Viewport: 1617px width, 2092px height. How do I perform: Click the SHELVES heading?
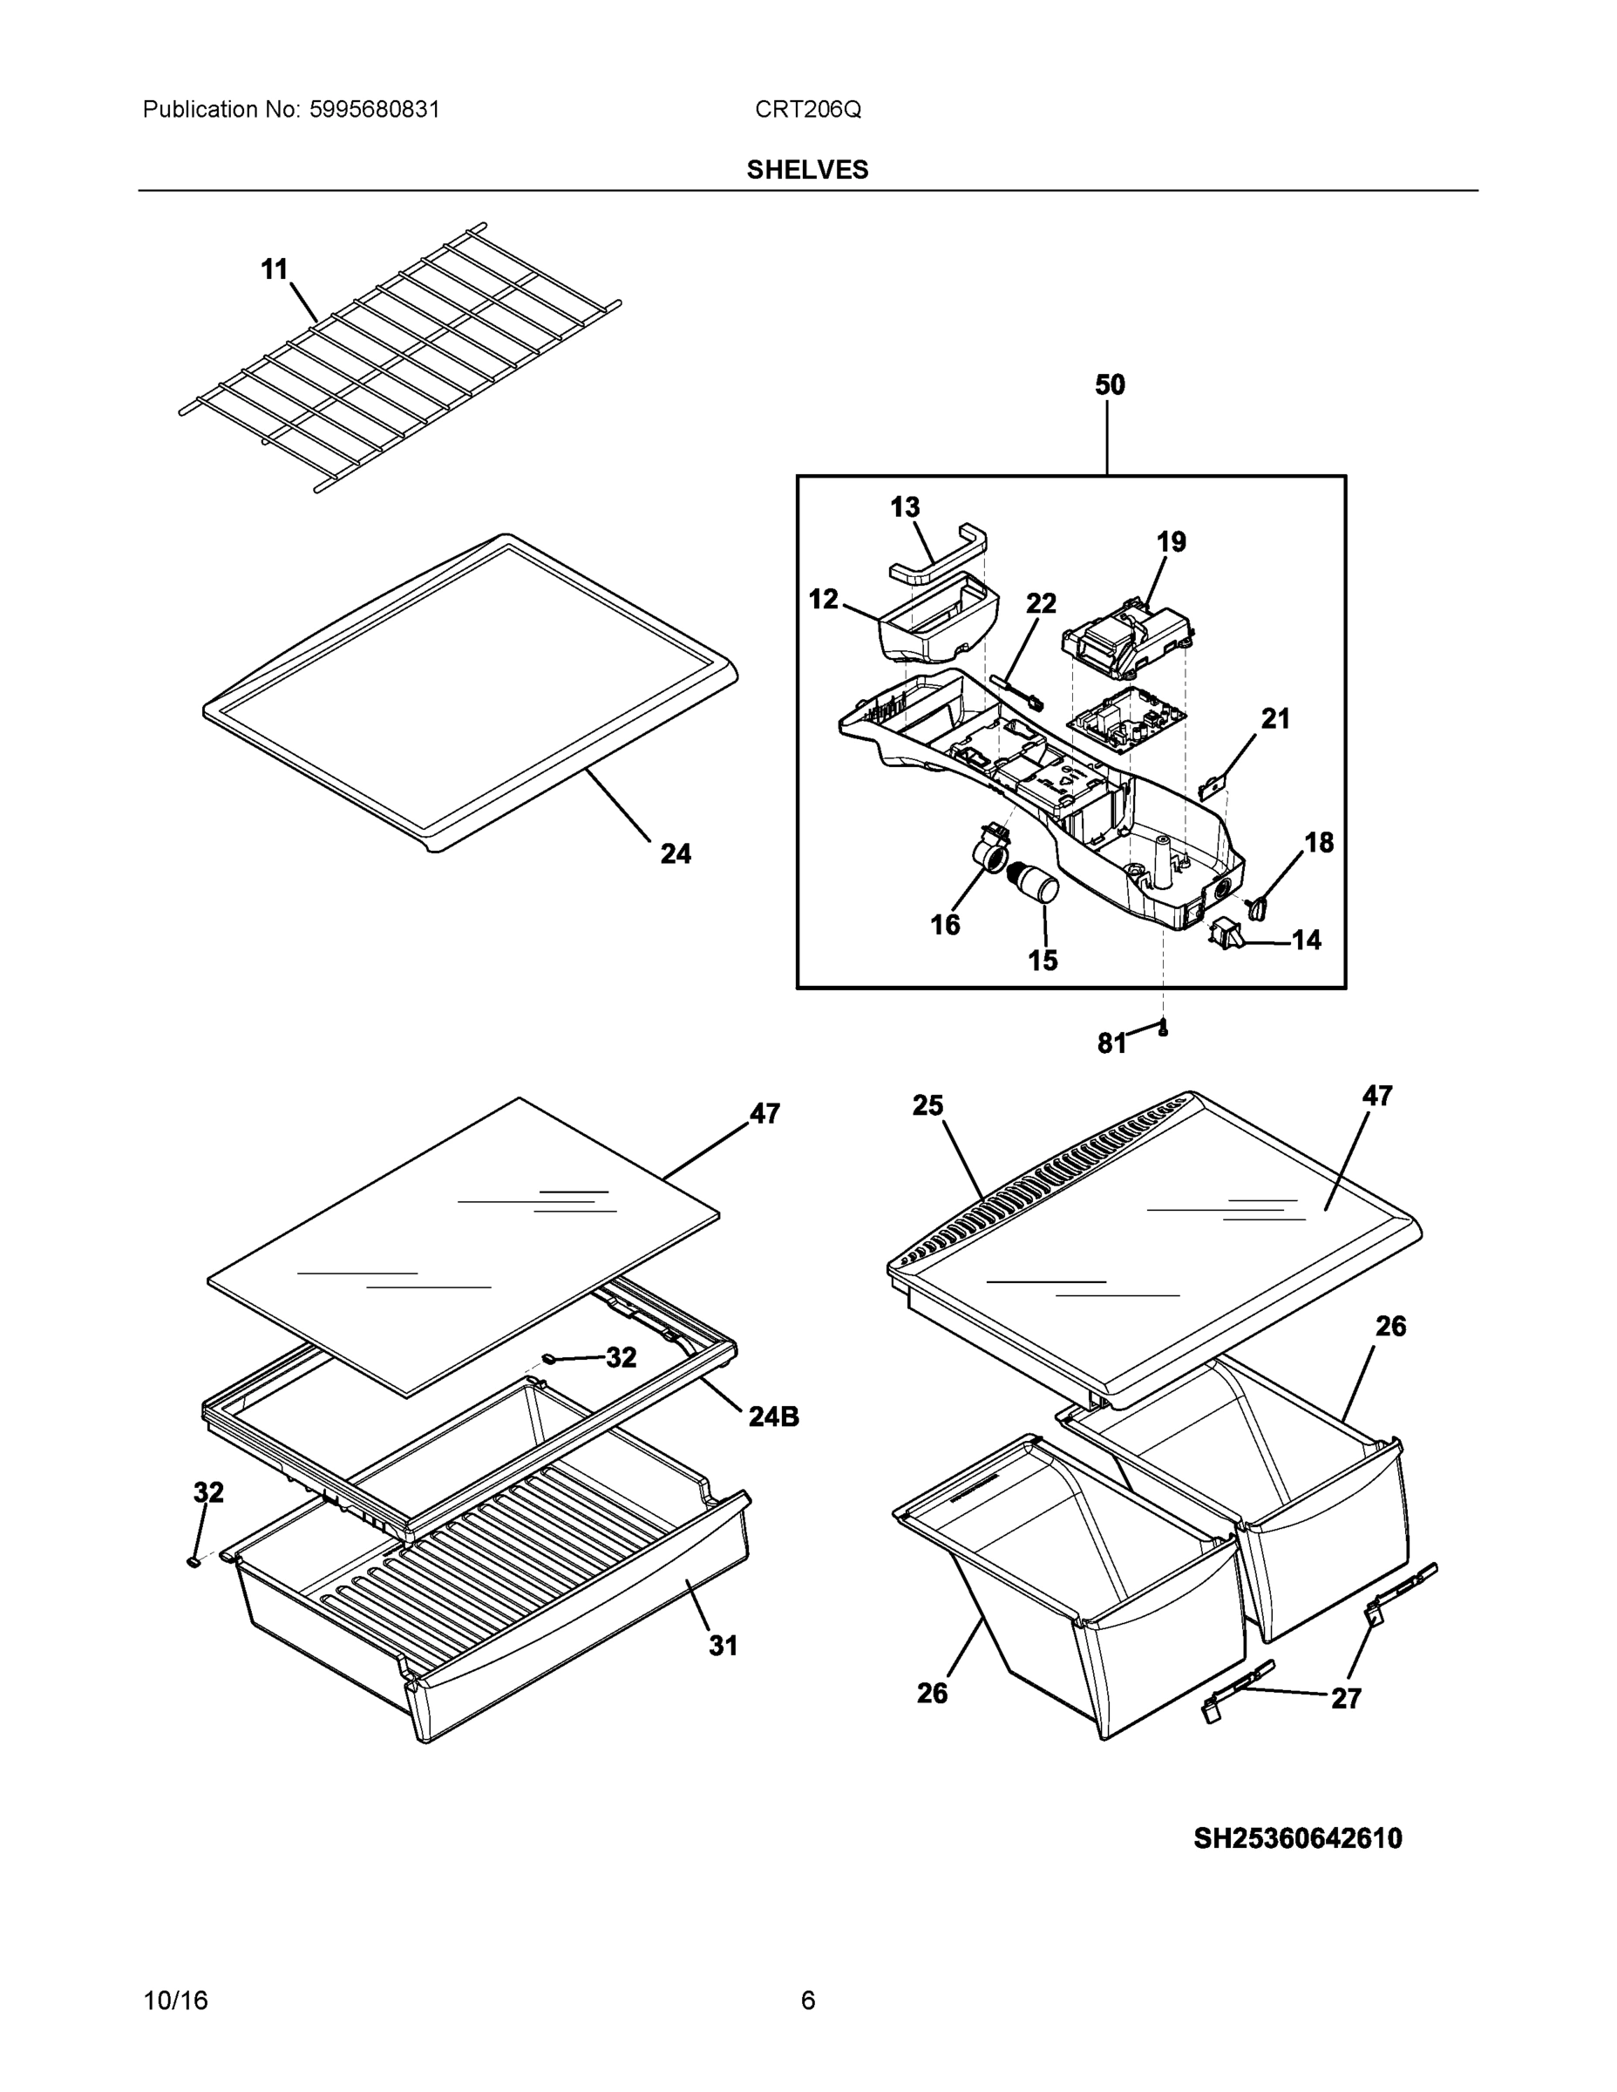point(806,170)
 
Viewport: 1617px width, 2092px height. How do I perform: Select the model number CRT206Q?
point(807,110)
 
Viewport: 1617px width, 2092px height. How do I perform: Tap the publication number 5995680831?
point(374,110)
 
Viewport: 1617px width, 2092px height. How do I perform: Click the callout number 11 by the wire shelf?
point(275,270)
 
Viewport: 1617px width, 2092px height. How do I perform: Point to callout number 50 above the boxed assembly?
point(1110,385)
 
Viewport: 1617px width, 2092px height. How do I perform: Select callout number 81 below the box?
point(1111,1044)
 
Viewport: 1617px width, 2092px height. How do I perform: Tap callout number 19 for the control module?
point(1171,542)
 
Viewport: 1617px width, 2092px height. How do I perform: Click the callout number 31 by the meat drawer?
point(723,1646)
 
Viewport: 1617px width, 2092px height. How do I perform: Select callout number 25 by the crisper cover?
point(927,1105)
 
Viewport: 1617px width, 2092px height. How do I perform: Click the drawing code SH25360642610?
point(1297,1838)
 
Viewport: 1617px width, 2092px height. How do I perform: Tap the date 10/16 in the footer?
point(175,2000)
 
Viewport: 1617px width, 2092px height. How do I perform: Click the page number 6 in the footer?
point(807,2000)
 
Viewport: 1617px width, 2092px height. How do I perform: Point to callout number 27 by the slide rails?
point(1346,1698)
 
